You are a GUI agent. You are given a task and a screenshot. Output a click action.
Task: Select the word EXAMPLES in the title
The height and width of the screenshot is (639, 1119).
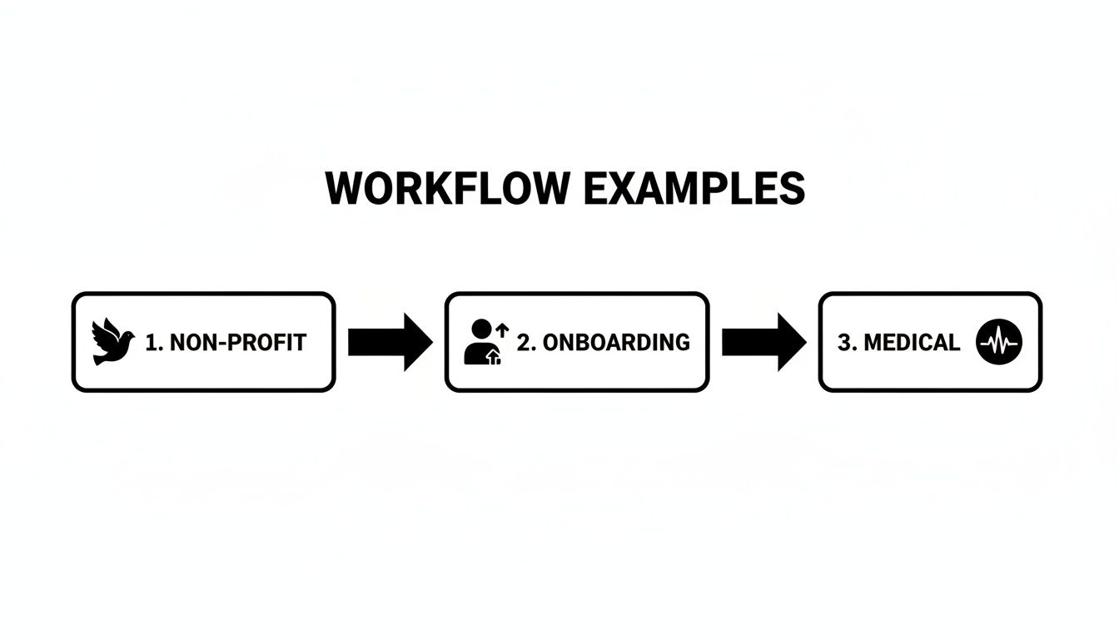(x=694, y=190)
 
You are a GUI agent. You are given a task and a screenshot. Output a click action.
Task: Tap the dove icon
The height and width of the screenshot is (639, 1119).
(x=112, y=342)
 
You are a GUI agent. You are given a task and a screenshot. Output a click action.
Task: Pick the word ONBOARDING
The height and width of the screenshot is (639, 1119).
(x=616, y=342)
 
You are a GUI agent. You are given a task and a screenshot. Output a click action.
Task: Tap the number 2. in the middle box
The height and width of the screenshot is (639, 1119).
(x=526, y=342)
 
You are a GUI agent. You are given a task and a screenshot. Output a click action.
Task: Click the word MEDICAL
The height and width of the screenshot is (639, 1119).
(x=912, y=342)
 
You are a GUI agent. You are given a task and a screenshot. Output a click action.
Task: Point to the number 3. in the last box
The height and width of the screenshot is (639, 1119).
(x=847, y=342)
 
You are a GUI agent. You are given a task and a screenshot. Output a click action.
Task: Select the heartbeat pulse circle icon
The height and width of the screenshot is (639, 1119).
(x=999, y=342)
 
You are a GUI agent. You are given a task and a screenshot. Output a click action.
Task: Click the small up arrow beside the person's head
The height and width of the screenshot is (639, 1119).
(x=501, y=330)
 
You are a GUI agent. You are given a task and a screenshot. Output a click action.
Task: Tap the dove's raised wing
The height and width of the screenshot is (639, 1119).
(x=104, y=329)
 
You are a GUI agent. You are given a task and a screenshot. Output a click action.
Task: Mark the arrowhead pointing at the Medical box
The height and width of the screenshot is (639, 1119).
(x=790, y=342)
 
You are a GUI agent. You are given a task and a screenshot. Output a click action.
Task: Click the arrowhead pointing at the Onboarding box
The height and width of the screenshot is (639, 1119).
(x=417, y=342)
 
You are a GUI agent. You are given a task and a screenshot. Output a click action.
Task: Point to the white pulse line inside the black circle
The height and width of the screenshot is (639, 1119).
(x=999, y=342)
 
